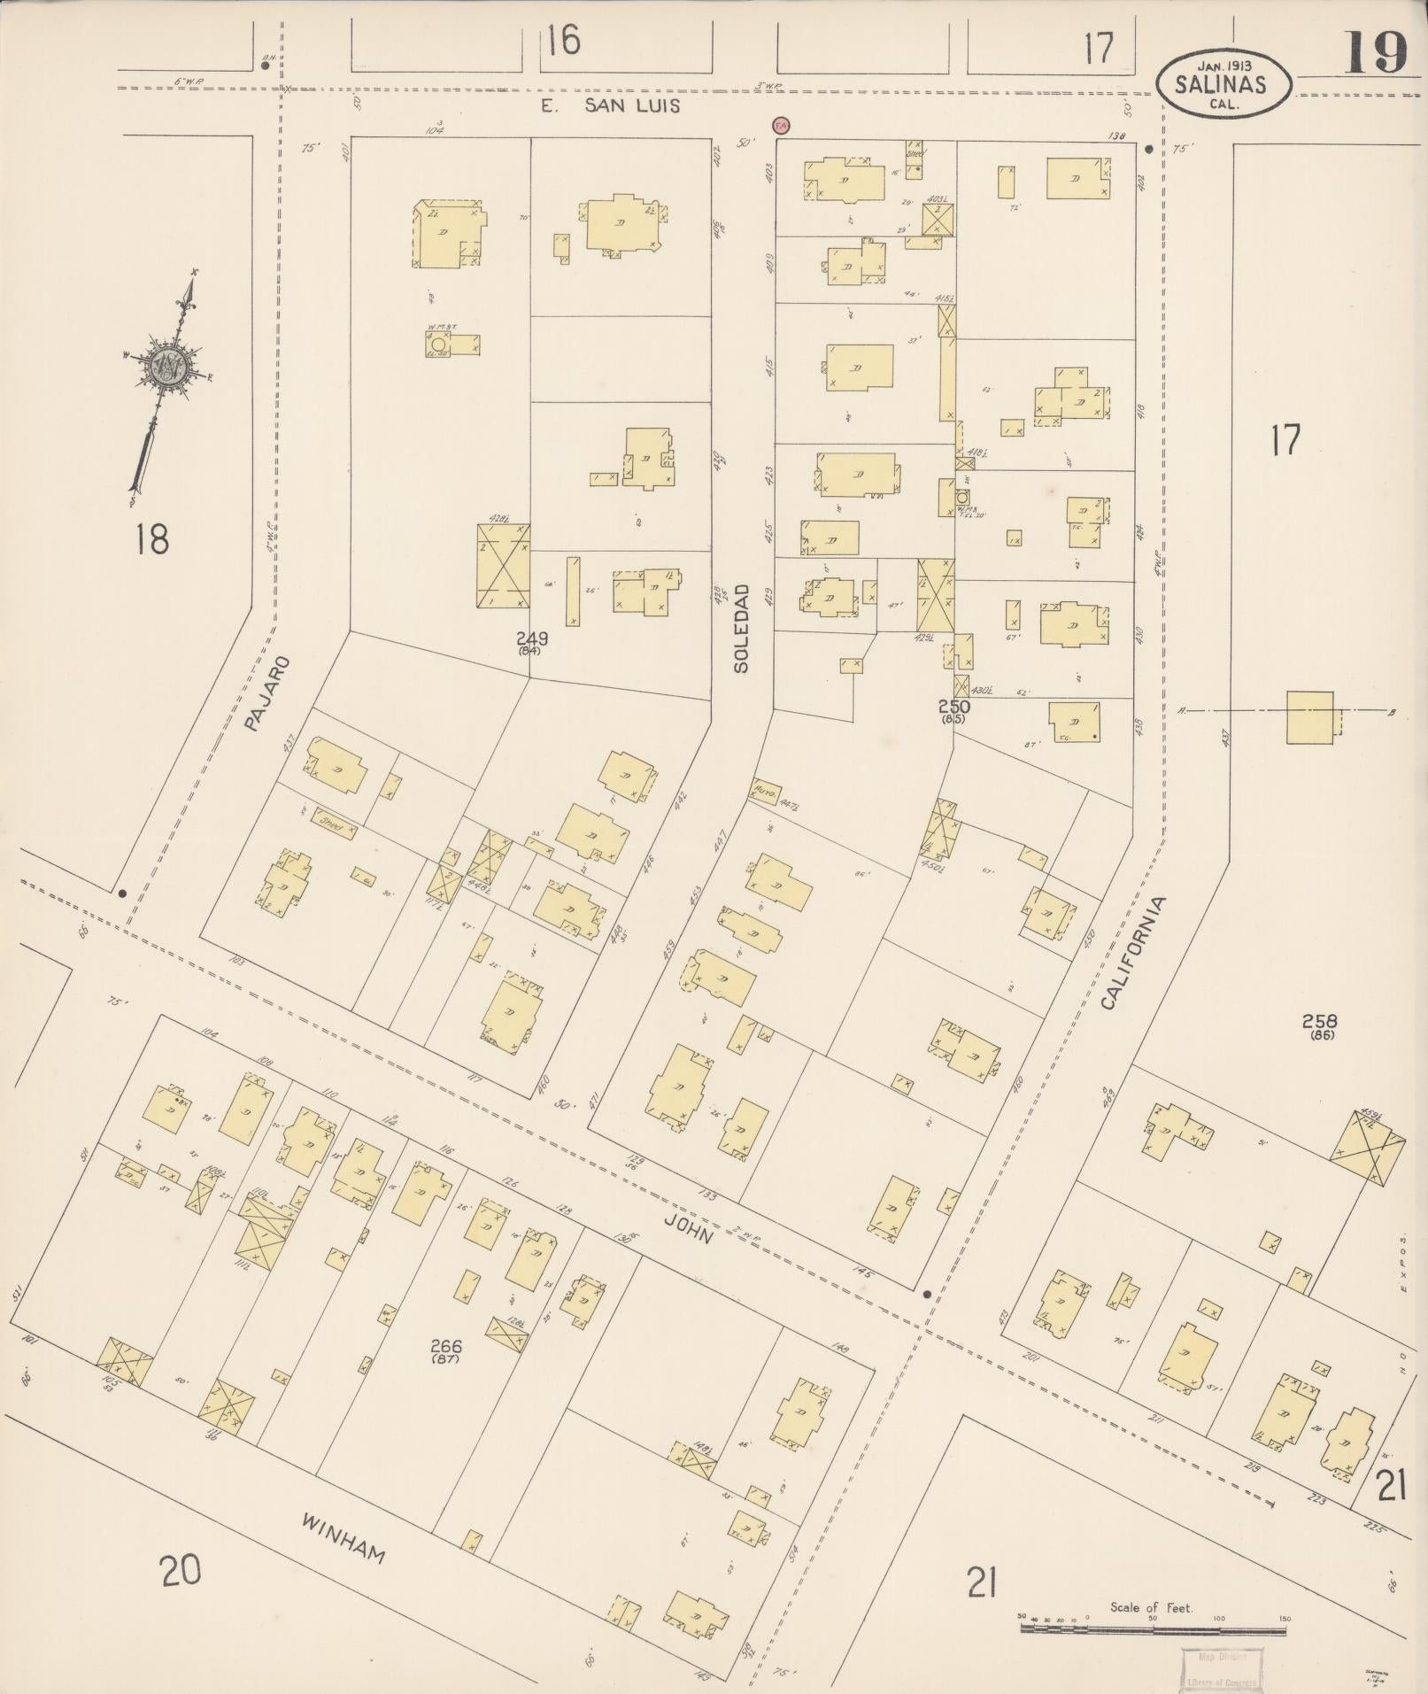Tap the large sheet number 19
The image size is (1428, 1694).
[x=1376, y=52]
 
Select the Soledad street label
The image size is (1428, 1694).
[x=741, y=628]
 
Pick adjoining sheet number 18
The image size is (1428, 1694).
[x=152, y=538]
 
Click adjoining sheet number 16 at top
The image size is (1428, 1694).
[x=563, y=40]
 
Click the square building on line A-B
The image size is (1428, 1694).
[x=1309, y=718]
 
